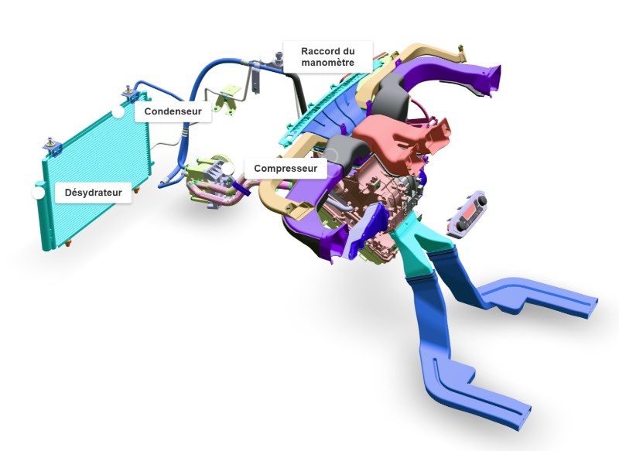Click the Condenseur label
tap(173, 111)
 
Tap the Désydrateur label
tap(93, 193)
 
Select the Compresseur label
tap(286, 169)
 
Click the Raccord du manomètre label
tap(327, 56)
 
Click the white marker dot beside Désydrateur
tap(38, 193)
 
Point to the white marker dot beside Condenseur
tap(118, 112)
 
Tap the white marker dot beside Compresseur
tap(227, 169)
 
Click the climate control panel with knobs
tap(467, 214)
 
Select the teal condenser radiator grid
tap(97, 169)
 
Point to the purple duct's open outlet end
tap(491, 80)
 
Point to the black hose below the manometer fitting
tap(297, 93)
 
